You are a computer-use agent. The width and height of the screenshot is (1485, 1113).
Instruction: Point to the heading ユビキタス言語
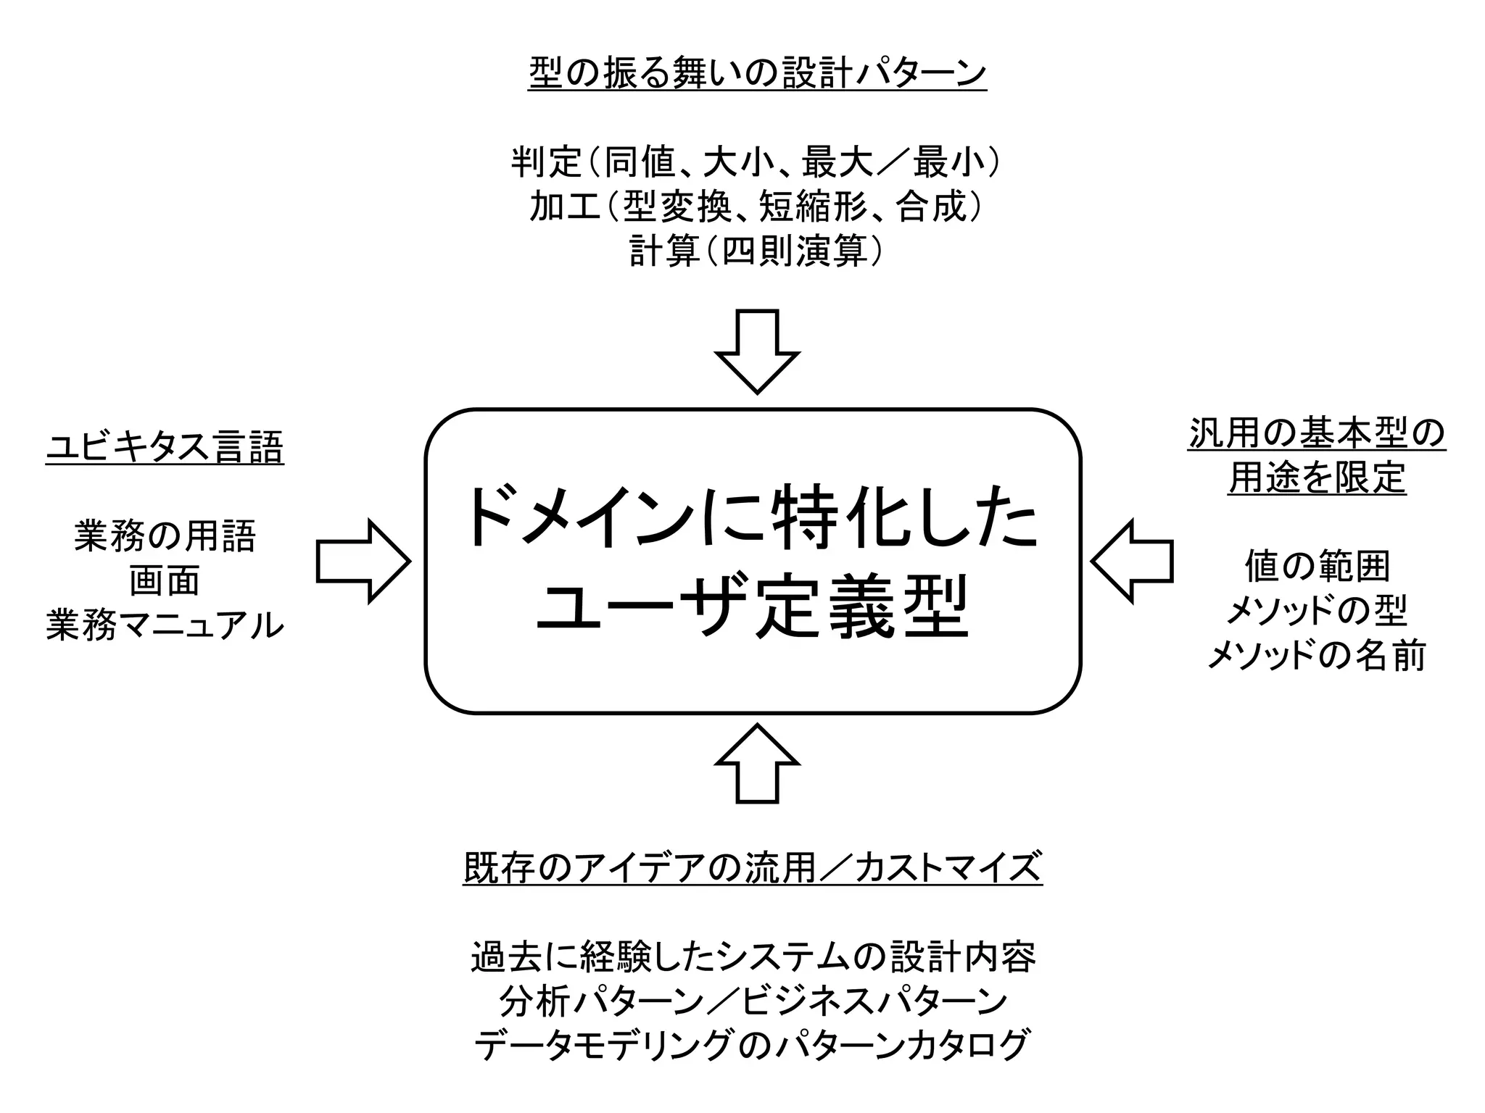click(x=165, y=447)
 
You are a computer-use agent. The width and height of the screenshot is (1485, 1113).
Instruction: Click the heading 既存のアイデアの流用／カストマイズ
click(x=753, y=867)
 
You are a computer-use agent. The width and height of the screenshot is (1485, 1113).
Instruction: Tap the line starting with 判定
click(x=757, y=162)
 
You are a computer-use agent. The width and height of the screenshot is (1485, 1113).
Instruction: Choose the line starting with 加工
click(x=757, y=207)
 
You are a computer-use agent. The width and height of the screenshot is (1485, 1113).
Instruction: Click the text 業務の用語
click(x=165, y=537)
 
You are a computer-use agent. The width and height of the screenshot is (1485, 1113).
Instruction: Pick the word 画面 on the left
click(x=165, y=581)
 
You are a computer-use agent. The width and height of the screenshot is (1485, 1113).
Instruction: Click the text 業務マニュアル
click(x=165, y=625)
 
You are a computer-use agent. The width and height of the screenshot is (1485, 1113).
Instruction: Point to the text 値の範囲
click(x=1317, y=567)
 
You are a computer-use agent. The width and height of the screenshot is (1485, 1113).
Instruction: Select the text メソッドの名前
click(x=1317, y=656)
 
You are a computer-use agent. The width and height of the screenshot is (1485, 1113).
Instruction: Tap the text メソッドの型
click(x=1317, y=611)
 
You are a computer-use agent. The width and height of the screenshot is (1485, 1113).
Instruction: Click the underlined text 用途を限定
click(x=1317, y=478)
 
